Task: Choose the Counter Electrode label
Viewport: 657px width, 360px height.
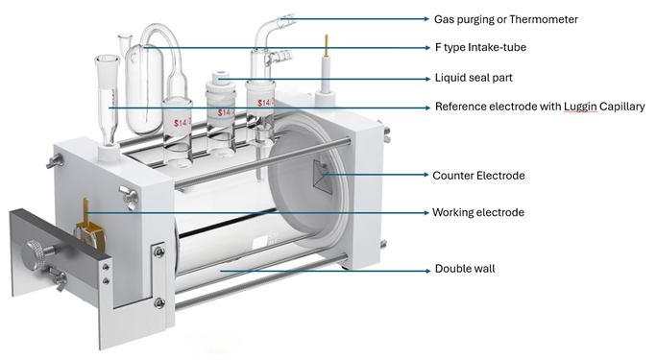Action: click(x=476, y=175)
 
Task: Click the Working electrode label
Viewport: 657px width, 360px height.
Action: click(x=478, y=212)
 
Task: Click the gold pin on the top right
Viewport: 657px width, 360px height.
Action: click(x=326, y=44)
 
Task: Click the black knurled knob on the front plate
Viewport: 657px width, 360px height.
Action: click(x=30, y=258)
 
